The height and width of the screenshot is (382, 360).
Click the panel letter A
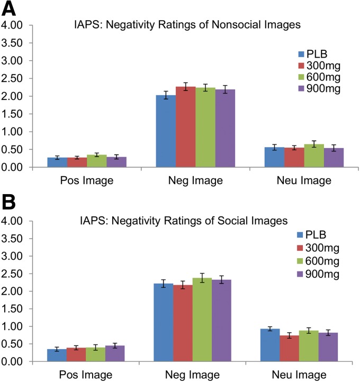pos(11,10)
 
